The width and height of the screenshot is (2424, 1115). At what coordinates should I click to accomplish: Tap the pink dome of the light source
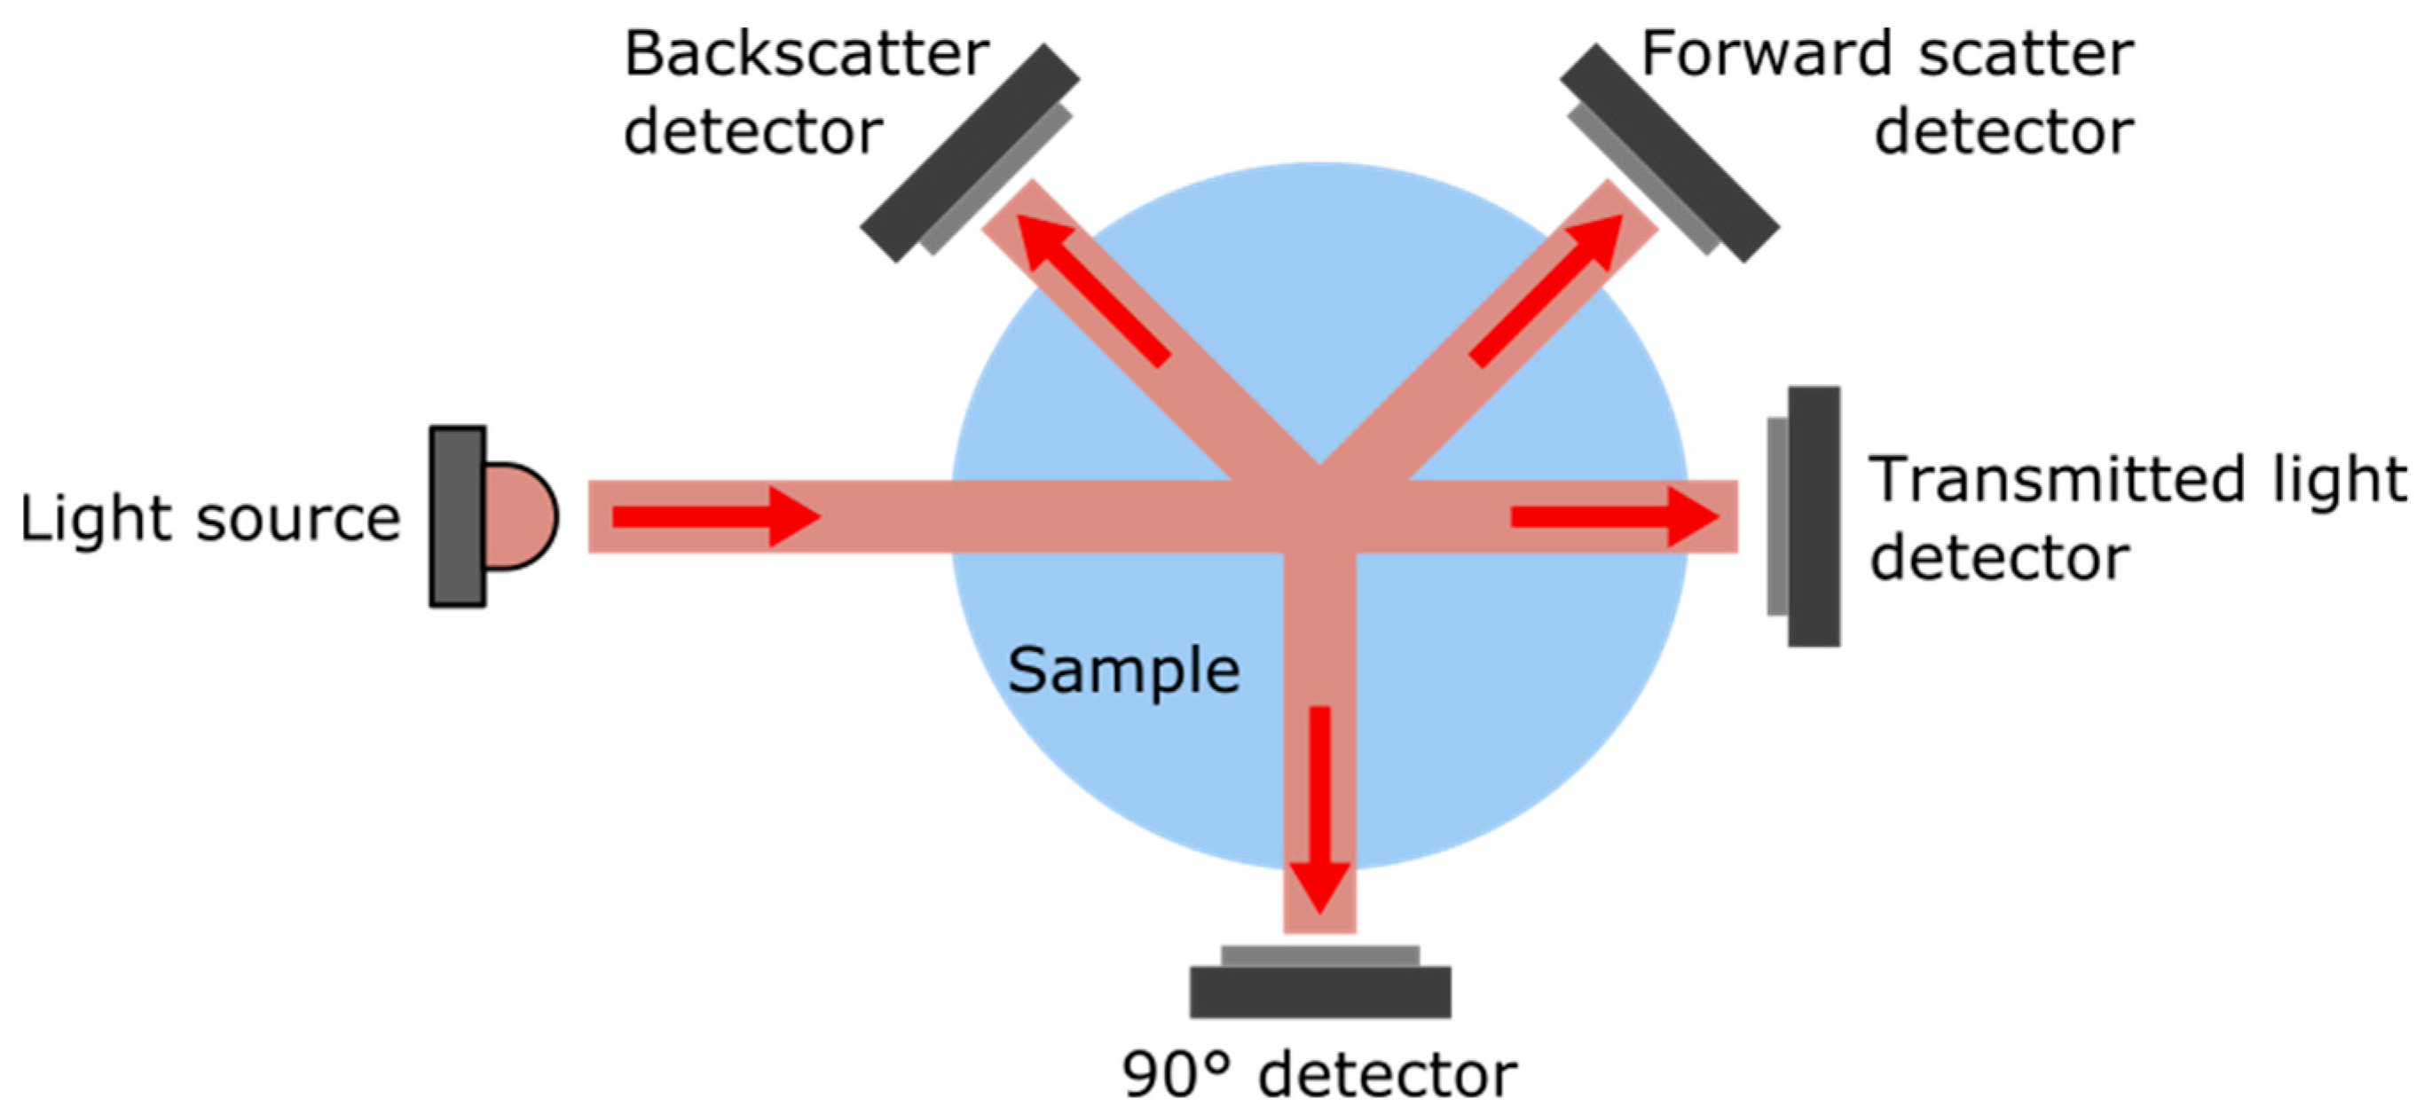click(518, 515)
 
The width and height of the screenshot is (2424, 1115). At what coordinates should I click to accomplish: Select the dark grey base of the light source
click(457, 515)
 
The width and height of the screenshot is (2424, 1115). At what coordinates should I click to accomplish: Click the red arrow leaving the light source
click(715, 515)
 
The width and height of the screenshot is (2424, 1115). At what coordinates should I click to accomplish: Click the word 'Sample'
click(1123, 670)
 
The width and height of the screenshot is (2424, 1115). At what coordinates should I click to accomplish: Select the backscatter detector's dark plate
click(969, 153)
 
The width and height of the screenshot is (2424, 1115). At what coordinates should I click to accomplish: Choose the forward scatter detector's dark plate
click(1670, 153)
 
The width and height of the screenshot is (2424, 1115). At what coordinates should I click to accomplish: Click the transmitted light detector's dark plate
click(1814, 515)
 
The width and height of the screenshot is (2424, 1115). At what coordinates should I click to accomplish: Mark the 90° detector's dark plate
click(1320, 992)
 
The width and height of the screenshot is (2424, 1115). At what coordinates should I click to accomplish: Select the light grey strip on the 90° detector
click(1320, 956)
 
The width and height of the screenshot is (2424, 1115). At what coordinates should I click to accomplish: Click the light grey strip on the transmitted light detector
click(1777, 515)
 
